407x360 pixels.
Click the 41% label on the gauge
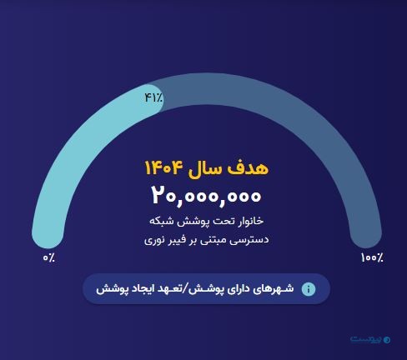point(153,97)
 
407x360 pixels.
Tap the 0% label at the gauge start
point(49,258)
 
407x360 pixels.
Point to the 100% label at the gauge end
point(372,258)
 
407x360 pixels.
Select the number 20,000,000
point(207,196)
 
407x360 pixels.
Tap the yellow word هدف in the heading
point(250,167)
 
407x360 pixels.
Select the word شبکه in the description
point(164,222)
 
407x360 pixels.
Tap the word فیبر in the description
point(179,240)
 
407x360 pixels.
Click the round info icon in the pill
point(309,289)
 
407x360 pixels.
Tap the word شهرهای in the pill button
point(273,289)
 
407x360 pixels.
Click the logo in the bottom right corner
point(369,340)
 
